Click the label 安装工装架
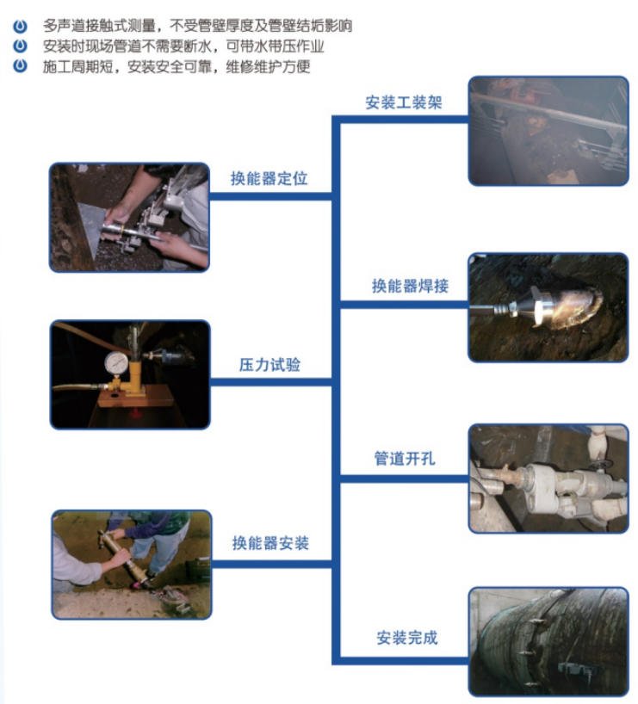coord(404,102)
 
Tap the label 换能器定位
coord(269,178)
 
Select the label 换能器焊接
coord(410,286)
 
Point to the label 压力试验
coord(269,364)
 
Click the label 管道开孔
coord(405,458)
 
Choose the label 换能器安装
coord(270,543)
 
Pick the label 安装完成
coord(406,637)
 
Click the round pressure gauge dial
coord(116,361)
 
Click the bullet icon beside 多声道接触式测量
coord(20,26)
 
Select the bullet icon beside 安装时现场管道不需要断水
coord(20,46)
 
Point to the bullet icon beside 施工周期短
coord(20,65)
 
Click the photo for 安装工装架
coord(548,131)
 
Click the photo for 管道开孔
coord(548,479)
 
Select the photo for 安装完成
coord(548,642)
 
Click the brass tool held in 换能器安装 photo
coord(118,556)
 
